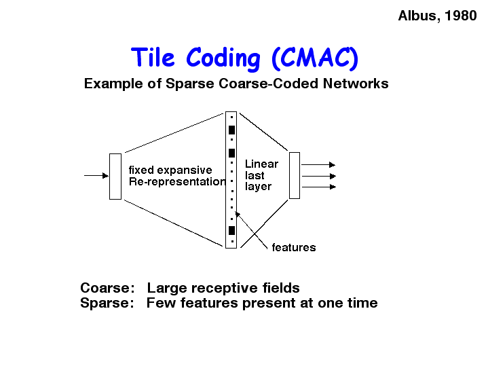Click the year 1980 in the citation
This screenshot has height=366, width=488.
(461, 16)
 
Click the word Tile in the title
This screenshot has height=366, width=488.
(153, 57)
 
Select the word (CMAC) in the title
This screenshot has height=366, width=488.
(315, 58)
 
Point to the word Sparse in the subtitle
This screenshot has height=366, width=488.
(190, 84)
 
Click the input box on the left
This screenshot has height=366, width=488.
(115, 177)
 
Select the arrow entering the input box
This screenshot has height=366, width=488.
(96, 176)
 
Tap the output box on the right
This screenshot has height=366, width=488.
(295, 175)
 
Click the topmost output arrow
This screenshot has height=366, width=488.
(318, 164)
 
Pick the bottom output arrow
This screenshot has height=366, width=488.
(319, 187)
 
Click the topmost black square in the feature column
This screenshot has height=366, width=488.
(231, 130)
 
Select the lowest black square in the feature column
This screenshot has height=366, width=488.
(231, 230)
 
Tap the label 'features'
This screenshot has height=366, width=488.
(294, 247)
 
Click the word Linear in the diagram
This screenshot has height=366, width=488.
(261, 164)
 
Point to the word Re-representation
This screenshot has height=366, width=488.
(177, 181)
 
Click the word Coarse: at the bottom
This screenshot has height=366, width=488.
(107, 288)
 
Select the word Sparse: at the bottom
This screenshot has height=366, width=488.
(107, 303)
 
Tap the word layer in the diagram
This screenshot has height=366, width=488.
(258, 187)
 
